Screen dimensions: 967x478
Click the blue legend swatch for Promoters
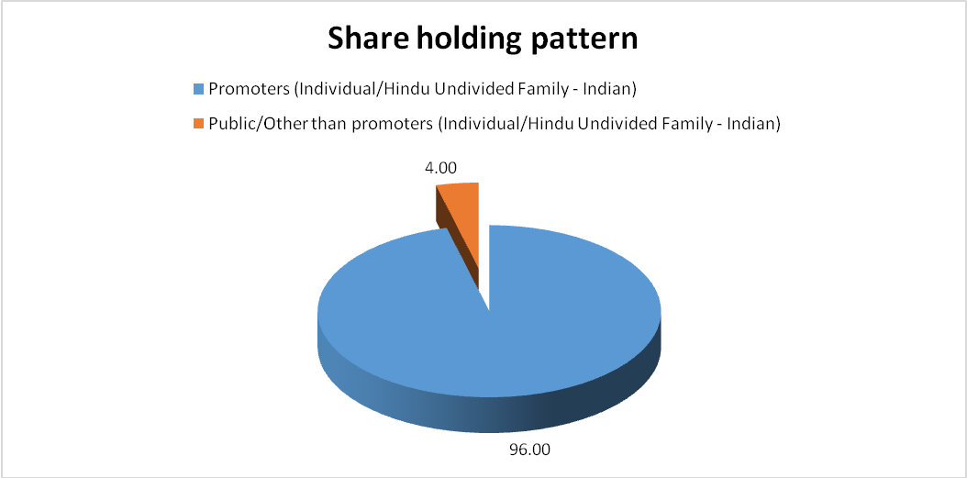(x=198, y=88)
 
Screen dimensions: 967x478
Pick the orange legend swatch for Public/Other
(x=198, y=123)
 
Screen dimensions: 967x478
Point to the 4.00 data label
(x=440, y=168)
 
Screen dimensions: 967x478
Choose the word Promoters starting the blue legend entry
(x=250, y=89)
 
